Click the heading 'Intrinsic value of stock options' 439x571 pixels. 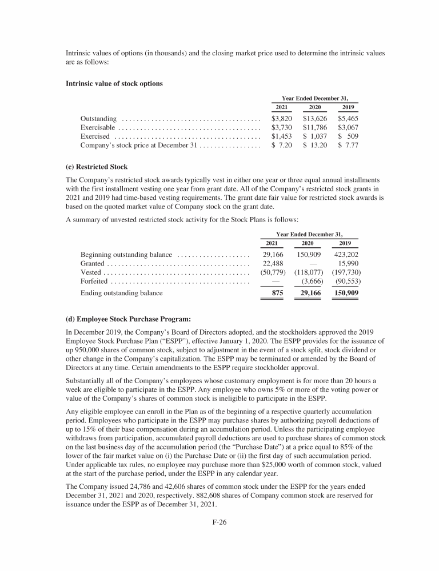(x=115, y=83)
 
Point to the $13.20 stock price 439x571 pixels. (x=315, y=146)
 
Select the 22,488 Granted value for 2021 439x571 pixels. (x=273, y=264)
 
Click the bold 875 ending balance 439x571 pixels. (x=278, y=293)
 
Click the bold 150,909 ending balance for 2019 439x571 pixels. (x=344, y=293)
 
